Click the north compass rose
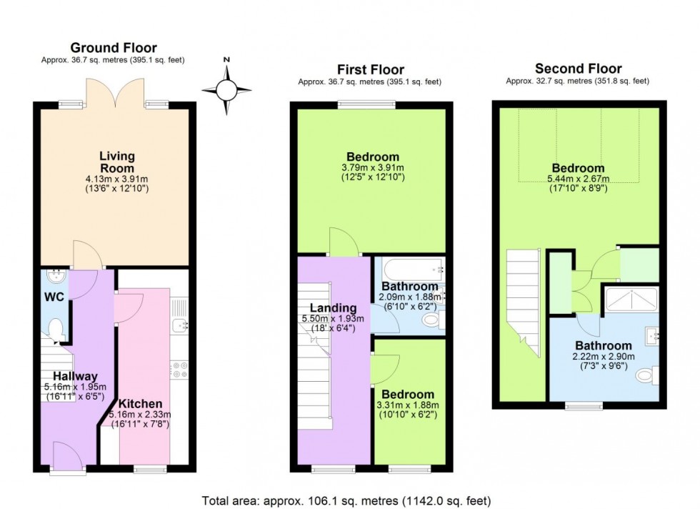click(226, 90)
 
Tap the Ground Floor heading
click(113, 48)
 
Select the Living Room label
click(117, 162)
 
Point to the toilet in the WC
click(55, 329)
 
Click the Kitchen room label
click(140, 403)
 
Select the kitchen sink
click(179, 326)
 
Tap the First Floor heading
click(370, 69)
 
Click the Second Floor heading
click(578, 69)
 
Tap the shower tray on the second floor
click(631, 300)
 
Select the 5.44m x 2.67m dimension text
click(576, 179)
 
